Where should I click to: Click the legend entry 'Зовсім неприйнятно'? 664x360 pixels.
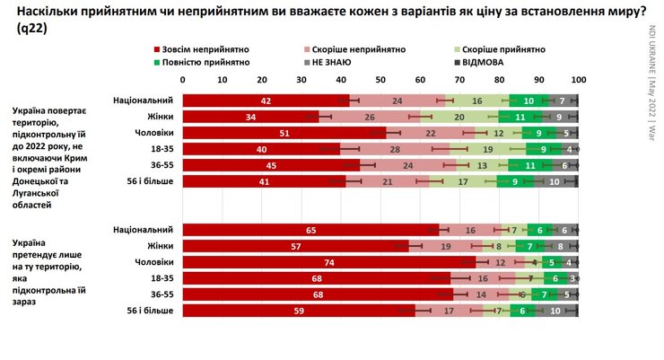201,48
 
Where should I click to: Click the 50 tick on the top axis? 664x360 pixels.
380,80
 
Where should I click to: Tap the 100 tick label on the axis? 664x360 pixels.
577,80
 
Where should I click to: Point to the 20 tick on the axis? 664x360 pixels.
262,80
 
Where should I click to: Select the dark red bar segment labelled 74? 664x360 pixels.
328,261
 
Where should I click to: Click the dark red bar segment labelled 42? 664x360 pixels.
266,100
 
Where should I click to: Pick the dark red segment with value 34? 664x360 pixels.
249,116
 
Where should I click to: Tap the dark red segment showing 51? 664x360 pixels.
284,132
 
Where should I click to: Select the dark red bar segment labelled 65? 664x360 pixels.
310,229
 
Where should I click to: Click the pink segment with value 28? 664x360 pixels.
396,148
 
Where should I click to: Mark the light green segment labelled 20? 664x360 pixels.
459,116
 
